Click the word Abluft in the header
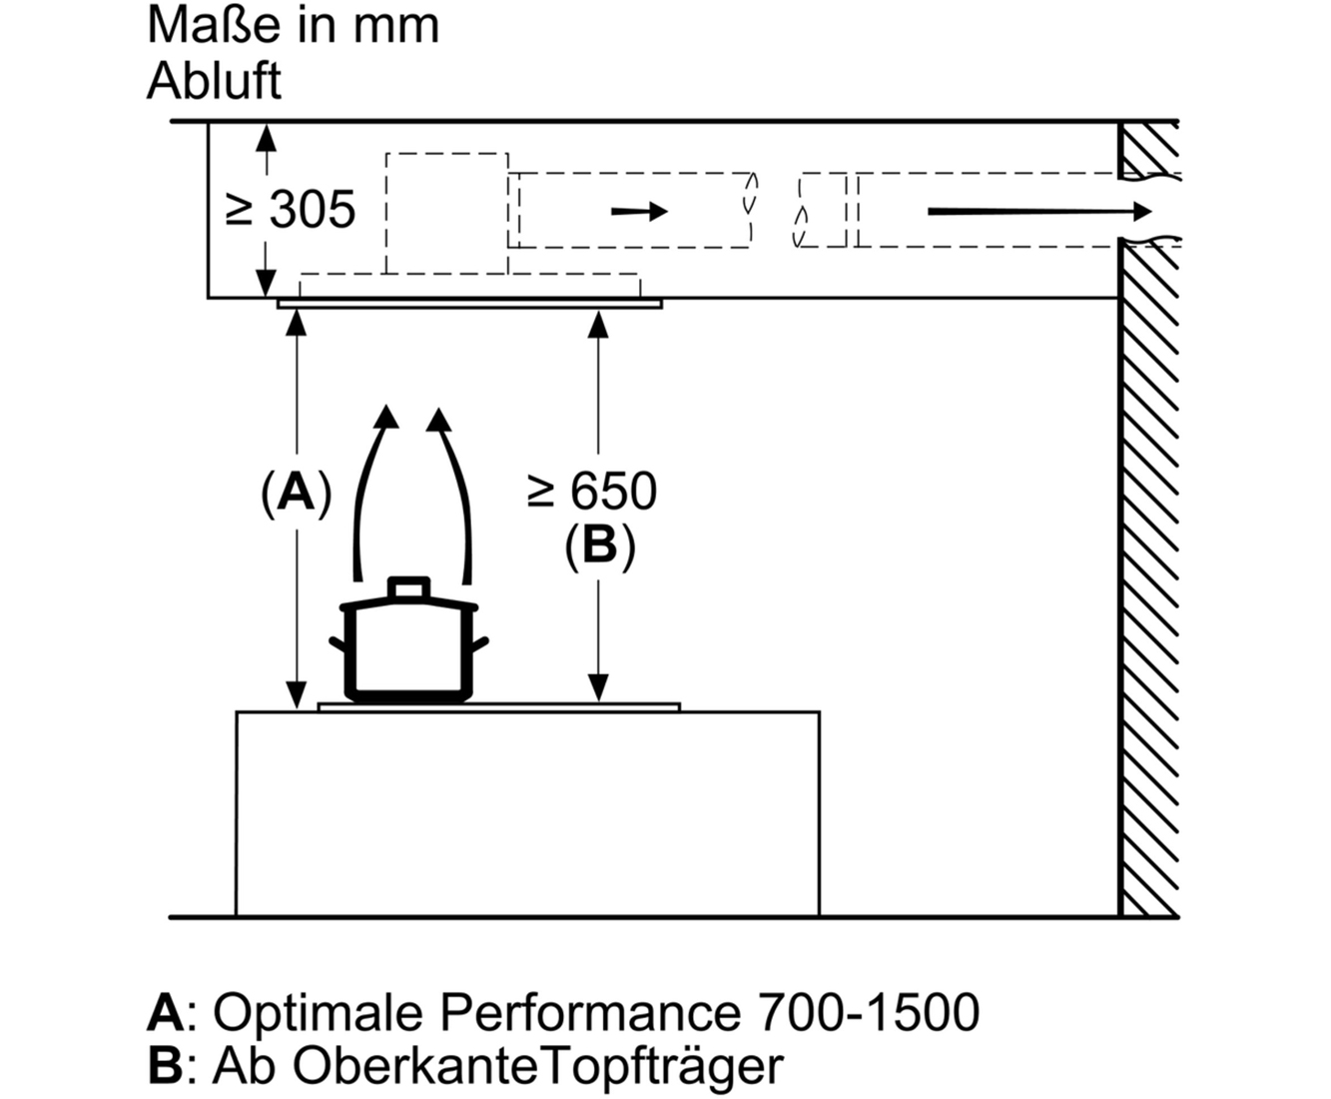(215, 81)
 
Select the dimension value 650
(613, 492)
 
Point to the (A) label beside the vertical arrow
(297, 492)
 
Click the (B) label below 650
(600, 546)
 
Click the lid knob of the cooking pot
(408, 588)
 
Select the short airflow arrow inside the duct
(639, 211)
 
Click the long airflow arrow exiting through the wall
(1039, 211)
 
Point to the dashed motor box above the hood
(447, 213)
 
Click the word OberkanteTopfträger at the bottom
(538, 1066)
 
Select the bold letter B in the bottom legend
(165, 1065)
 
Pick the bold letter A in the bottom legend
(166, 1012)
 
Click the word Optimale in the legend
(317, 1012)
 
